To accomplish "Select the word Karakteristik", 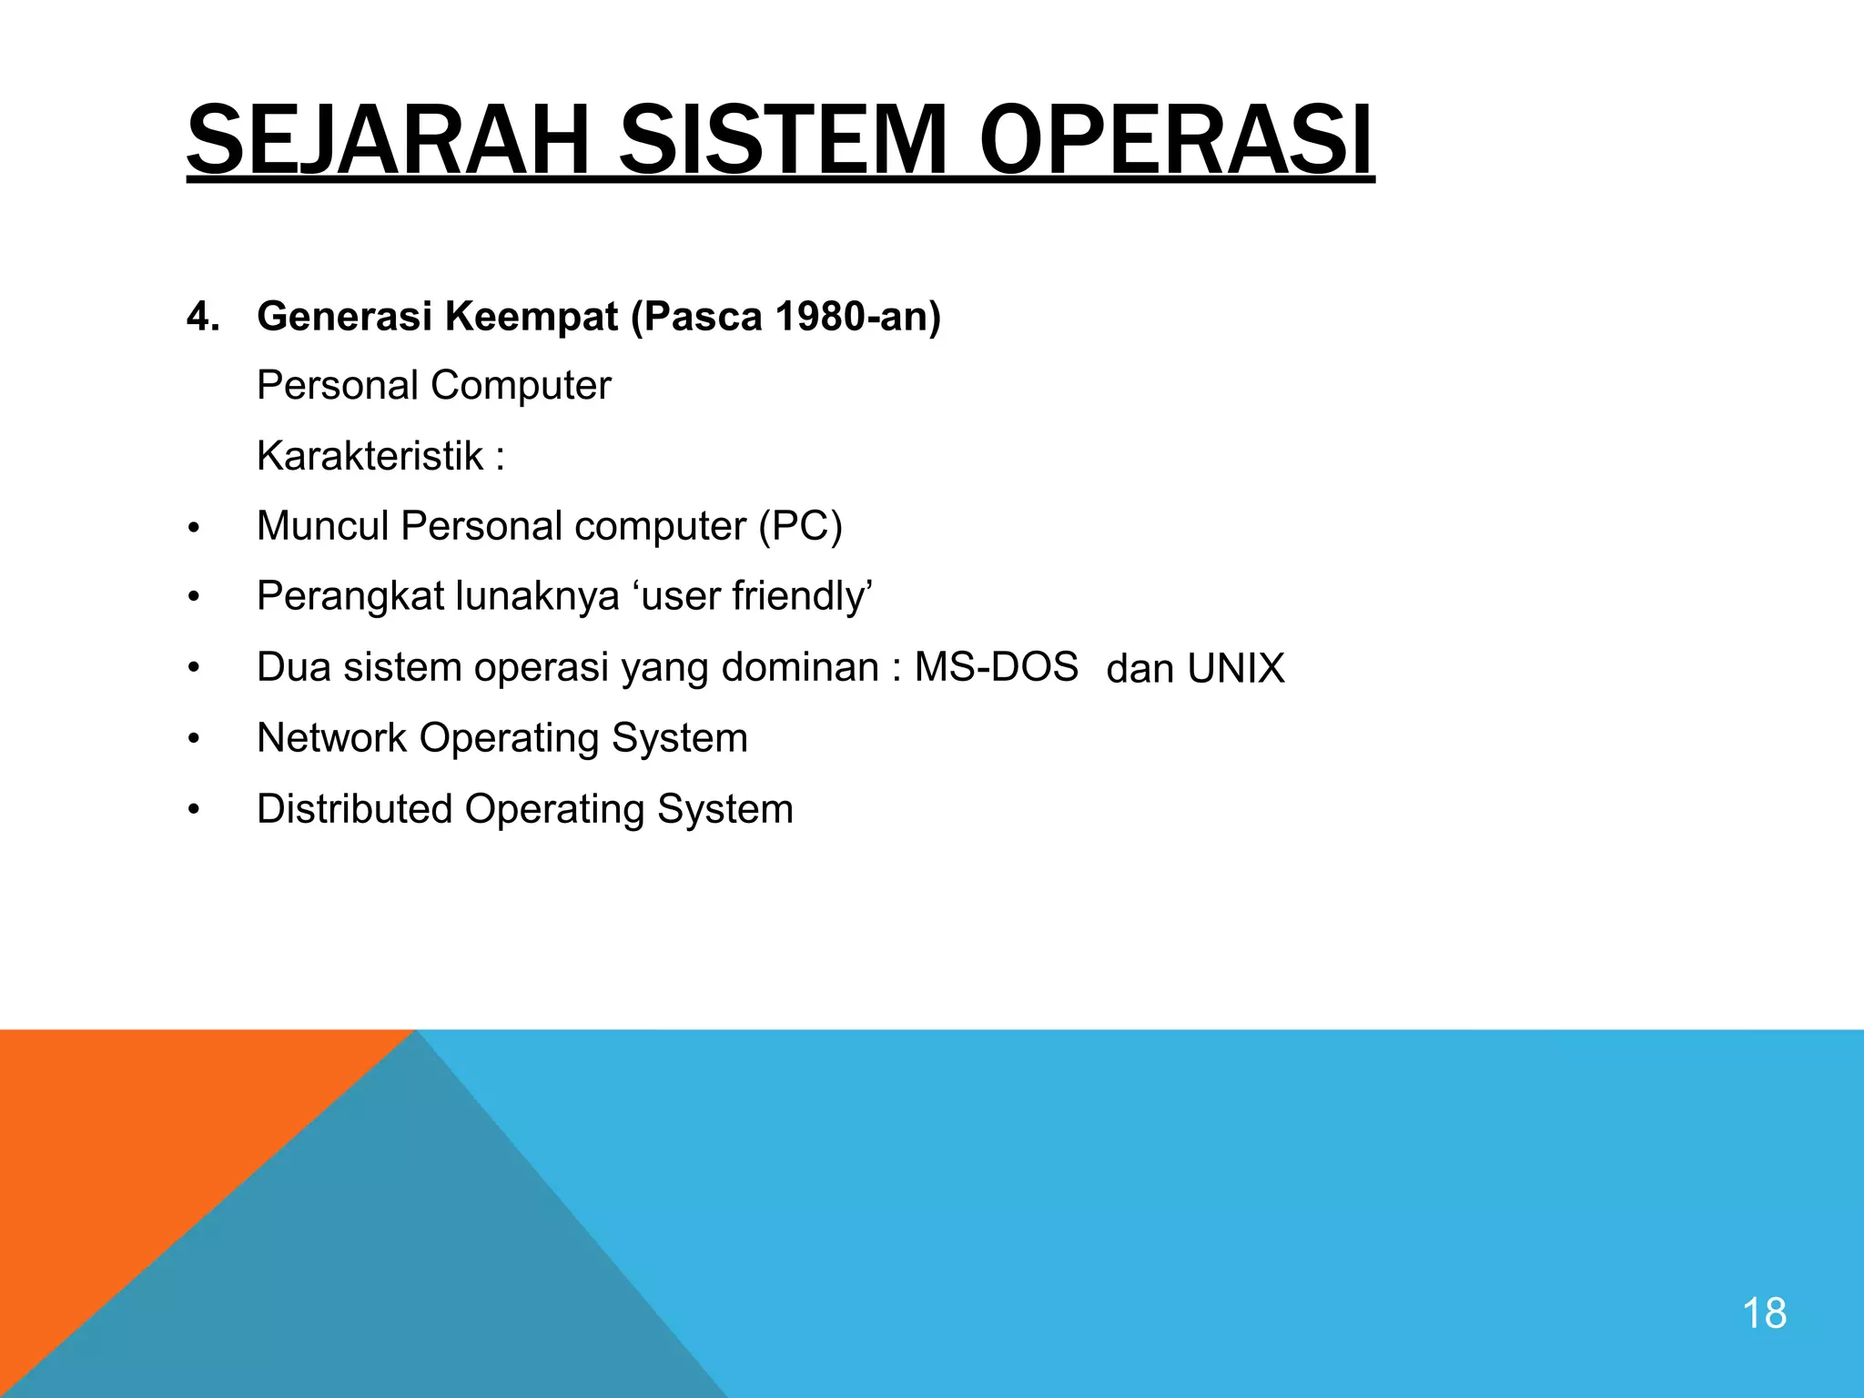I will pos(370,456).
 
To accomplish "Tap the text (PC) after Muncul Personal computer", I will pos(801,526).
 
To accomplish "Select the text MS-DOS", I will pos(996,667).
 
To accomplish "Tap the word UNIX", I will pos(1235,669).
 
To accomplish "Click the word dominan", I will pos(800,667).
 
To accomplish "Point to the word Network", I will pos(331,738).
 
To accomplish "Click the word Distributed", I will pos(354,809).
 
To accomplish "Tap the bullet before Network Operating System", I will pos(193,740).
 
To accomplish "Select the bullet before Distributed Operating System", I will pos(193,810).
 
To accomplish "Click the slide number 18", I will pos(1763,1314).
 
